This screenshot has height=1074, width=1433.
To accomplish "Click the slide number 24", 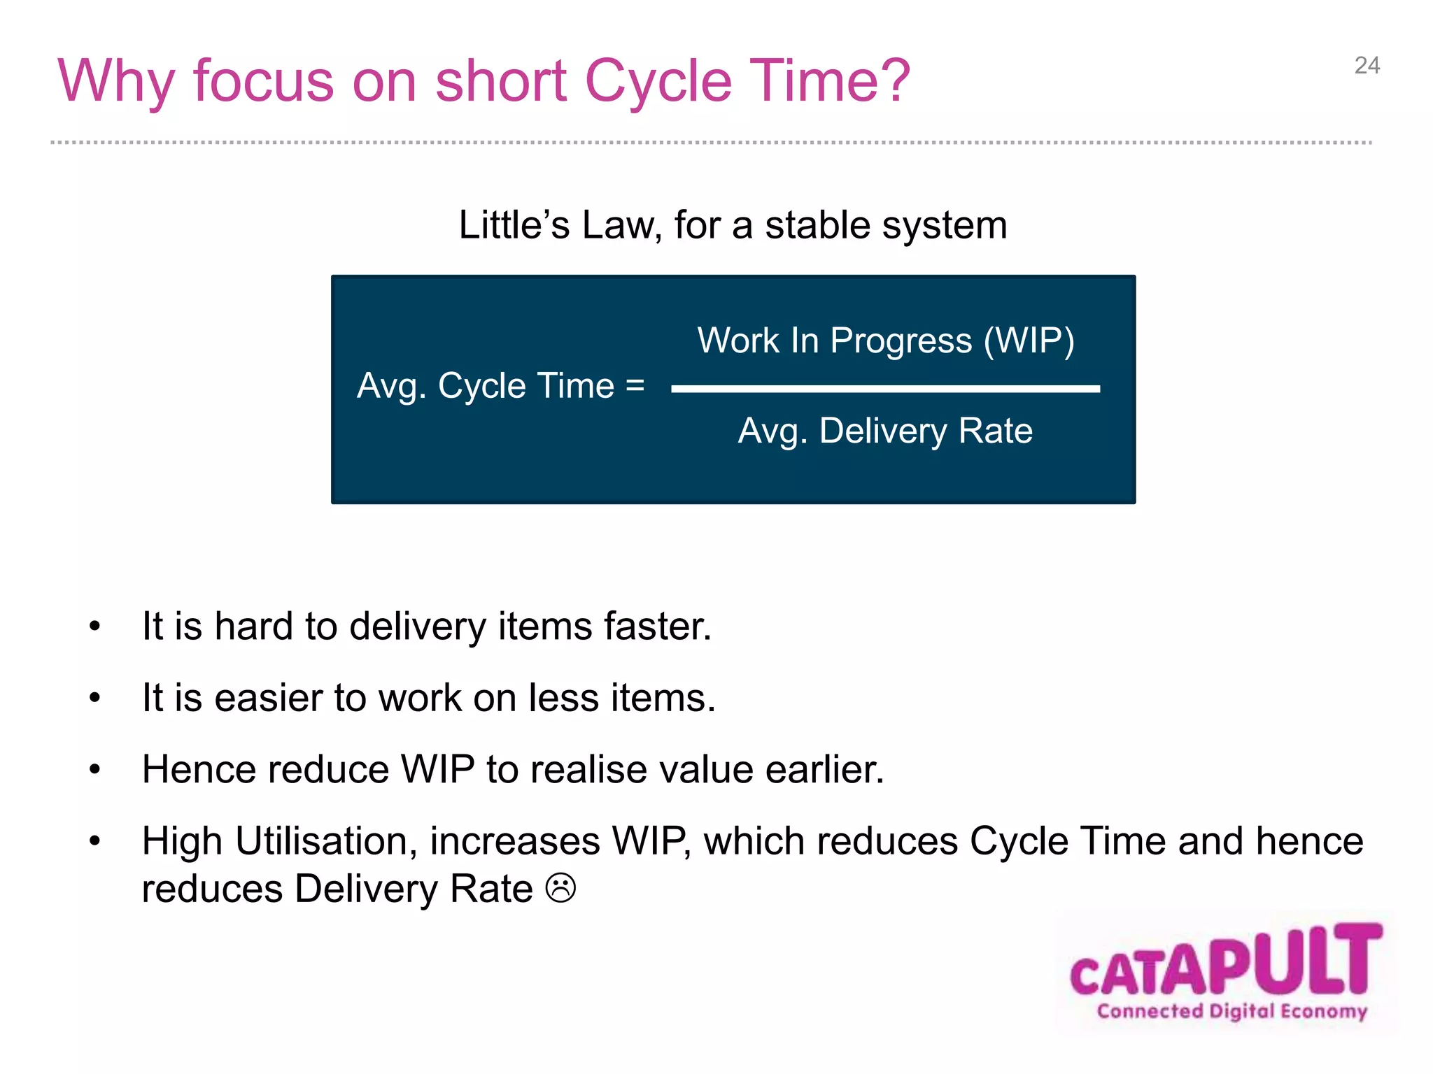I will (1367, 66).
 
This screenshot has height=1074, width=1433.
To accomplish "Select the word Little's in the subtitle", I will (514, 225).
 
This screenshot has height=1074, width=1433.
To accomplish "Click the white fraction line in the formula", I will (885, 389).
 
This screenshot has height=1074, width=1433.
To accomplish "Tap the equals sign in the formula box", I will (635, 385).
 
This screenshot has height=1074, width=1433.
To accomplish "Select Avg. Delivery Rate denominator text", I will (885, 431).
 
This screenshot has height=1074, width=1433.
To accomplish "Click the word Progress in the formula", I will (901, 342).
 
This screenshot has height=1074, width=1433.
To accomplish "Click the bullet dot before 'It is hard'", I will (95, 626).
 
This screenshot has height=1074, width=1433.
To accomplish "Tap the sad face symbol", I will (560, 888).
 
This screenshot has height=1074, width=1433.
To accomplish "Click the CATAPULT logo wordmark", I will (1226, 961).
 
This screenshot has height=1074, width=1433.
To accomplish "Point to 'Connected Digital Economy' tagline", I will (1231, 1011).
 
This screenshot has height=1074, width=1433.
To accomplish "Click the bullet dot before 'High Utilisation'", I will (95, 841).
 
